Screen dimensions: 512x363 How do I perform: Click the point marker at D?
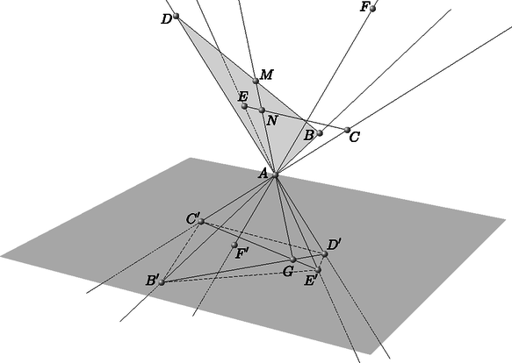177,16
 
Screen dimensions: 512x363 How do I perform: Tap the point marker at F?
372,9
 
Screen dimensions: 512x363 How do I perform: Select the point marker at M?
256,81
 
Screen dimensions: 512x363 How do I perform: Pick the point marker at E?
244,106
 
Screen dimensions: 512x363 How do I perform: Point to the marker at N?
262,110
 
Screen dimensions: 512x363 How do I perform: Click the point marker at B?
320,133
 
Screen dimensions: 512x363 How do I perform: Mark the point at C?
348,130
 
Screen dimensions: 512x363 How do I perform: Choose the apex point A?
275,175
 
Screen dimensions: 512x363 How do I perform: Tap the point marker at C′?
201,222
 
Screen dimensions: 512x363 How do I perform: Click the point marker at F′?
234,245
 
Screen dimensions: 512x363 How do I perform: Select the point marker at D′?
324,253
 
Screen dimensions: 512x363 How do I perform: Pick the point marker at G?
293,260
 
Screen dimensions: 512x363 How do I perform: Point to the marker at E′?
318,270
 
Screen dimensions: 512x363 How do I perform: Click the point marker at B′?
162,282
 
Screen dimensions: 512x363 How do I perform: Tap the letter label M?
267,75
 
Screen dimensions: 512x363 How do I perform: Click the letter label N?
272,121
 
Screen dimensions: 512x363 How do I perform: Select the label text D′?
334,245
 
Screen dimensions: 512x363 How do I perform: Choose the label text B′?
152,281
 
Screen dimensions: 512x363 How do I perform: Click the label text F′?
242,253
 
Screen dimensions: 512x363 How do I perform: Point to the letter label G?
288,271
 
